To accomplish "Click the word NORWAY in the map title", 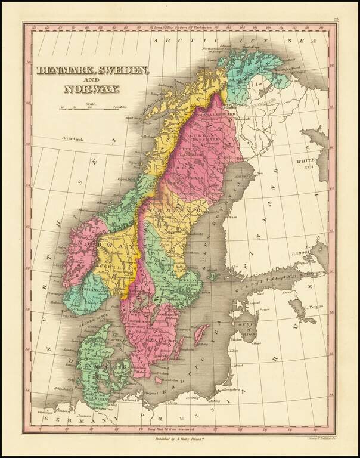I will click(x=92, y=90).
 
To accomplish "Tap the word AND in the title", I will click(x=92, y=80).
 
